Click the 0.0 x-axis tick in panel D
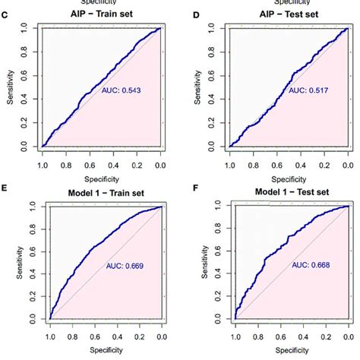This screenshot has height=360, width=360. point(348,163)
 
